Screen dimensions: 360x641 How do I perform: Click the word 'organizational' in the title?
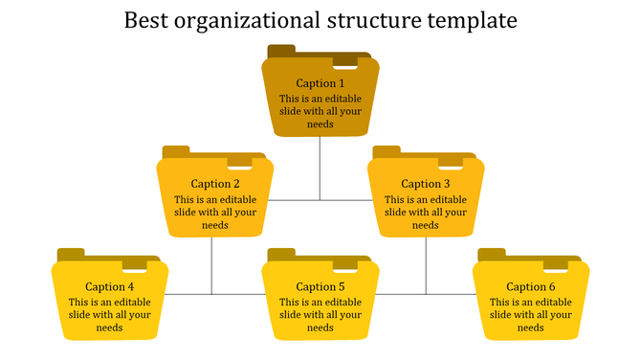click(x=240, y=20)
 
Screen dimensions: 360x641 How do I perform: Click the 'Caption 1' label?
click(x=320, y=83)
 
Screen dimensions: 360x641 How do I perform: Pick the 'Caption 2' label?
click(x=215, y=184)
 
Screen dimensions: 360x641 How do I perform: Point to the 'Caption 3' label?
click(x=426, y=184)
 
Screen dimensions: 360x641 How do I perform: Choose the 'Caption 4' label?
click(x=110, y=286)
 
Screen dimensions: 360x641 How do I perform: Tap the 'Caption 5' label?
click(x=320, y=286)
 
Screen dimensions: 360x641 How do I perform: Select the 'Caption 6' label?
click(x=531, y=286)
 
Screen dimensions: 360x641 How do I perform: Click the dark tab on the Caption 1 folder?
click(x=281, y=51)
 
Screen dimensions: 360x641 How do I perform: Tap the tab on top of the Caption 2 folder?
click(x=176, y=151)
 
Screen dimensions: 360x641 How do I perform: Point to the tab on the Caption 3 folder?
click(x=387, y=151)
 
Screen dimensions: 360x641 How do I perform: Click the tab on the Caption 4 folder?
click(x=71, y=254)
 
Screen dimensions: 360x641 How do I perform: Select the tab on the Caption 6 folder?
click(x=492, y=254)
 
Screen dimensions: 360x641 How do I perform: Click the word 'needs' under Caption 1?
click(x=320, y=124)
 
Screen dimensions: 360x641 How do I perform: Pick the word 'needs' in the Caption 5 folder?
click(x=320, y=327)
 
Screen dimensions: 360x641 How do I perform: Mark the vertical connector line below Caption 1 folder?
click(x=320, y=168)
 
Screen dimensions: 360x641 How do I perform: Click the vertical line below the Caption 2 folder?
click(x=211, y=265)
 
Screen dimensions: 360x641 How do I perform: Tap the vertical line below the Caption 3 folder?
click(x=426, y=265)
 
